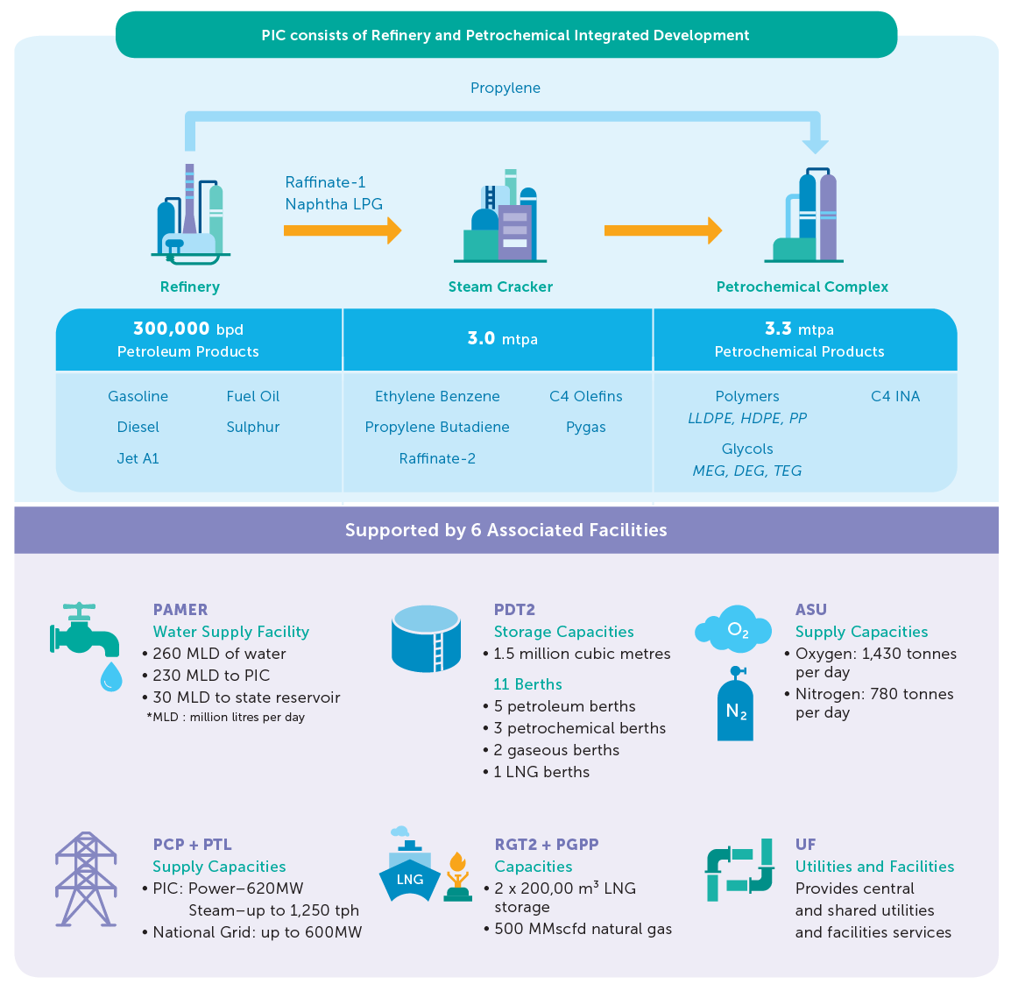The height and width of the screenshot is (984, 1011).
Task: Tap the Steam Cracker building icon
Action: point(500,219)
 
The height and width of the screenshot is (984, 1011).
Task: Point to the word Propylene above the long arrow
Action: point(505,88)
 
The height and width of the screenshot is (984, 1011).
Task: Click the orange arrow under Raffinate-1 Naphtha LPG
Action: point(343,231)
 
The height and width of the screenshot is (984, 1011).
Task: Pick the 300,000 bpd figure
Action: point(188,329)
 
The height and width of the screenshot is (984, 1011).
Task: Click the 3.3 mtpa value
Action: point(799,329)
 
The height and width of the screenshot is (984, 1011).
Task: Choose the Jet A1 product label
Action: point(138,458)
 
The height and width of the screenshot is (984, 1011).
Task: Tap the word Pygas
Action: point(586,427)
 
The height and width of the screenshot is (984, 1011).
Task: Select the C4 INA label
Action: point(895,396)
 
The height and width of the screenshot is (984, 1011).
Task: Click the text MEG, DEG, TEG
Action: point(747,471)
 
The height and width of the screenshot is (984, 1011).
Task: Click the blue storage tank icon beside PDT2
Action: point(426,639)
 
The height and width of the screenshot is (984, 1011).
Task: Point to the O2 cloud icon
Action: point(734,630)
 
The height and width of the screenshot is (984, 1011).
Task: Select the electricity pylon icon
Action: point(86,880)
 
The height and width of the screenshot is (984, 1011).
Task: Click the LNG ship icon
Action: point(408,871)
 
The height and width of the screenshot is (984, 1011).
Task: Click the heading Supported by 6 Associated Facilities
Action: point(505,530)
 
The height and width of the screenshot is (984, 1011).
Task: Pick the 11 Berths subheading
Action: point(527,684)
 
